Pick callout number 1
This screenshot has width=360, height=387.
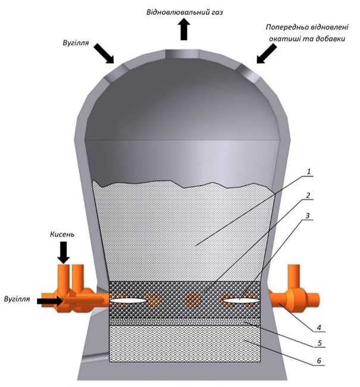coord(309,172)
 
